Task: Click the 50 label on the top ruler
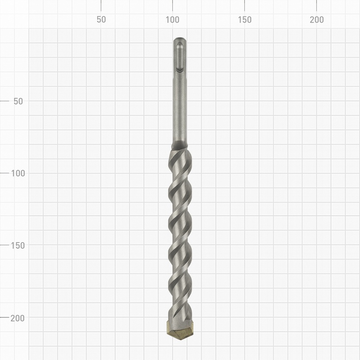[101, 20]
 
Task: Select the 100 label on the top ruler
[173, 20]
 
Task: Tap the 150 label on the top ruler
[245, 20]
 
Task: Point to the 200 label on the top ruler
[317, 20]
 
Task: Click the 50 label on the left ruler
[18, 101]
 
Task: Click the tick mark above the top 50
[101, 5]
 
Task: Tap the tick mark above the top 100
[173, 5]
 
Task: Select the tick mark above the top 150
[245, 5]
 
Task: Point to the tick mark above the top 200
[317, 5]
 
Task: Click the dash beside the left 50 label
[4, 101]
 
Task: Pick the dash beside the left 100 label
[4, 173]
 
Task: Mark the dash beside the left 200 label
[4, 317]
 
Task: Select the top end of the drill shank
[180, 40]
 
